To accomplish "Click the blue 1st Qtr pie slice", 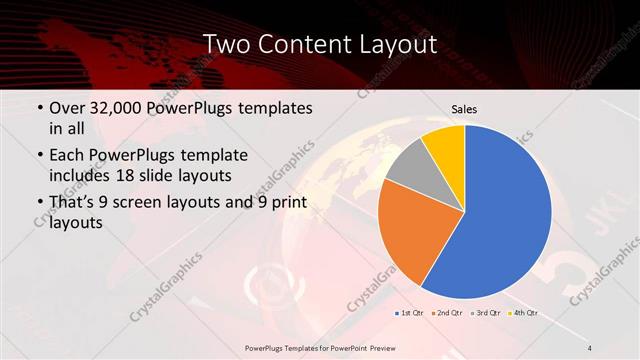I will pos(505,215).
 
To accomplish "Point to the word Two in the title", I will pos(229,44).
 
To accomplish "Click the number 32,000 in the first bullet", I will pos(111,108).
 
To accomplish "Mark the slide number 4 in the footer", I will pos(591,347).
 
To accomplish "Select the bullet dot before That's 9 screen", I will pos(38,203).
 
